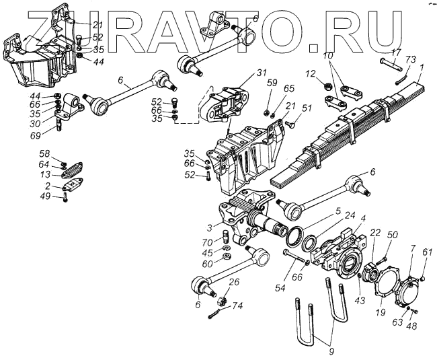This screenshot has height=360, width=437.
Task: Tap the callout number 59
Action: tap(272, 83)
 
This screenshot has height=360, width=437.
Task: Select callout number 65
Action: tap(289, 88)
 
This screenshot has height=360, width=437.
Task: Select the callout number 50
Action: tap(393, 234)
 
